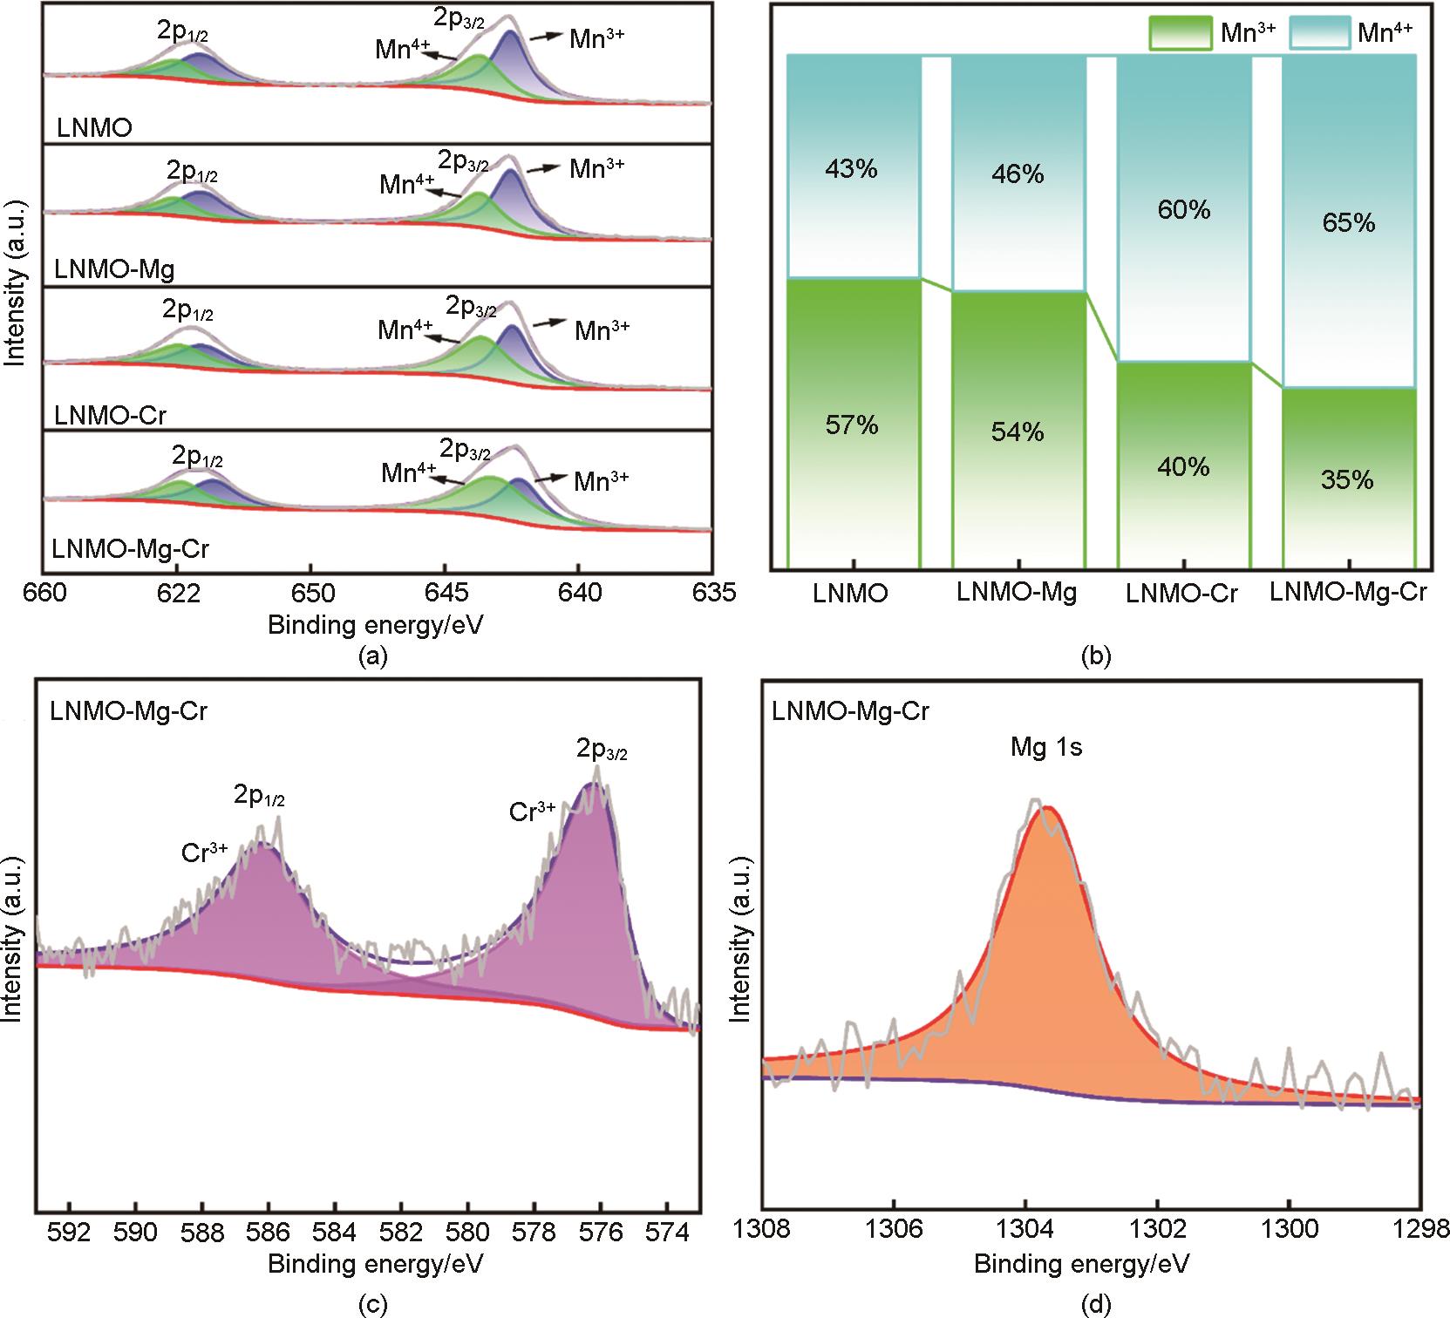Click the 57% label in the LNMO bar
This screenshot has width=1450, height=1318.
coord(852,425)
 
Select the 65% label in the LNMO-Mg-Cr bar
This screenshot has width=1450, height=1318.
coord(1348,223)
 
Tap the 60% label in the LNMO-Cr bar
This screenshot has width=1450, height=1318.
coord(1184,210)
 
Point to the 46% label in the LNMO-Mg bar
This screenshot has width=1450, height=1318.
coord(1018,174)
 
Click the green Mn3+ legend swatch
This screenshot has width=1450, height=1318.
coord(1181,33)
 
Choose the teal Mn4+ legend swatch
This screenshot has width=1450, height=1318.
coord(1318,33)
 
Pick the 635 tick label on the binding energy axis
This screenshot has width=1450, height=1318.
coord(713,594)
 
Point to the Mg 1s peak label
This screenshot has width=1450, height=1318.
coord(1046,748)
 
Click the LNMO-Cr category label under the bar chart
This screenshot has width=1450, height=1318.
coord(1182,594)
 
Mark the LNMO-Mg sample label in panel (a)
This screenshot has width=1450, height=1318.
coord(114,269)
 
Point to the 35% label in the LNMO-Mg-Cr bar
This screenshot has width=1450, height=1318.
coord(1347,480)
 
